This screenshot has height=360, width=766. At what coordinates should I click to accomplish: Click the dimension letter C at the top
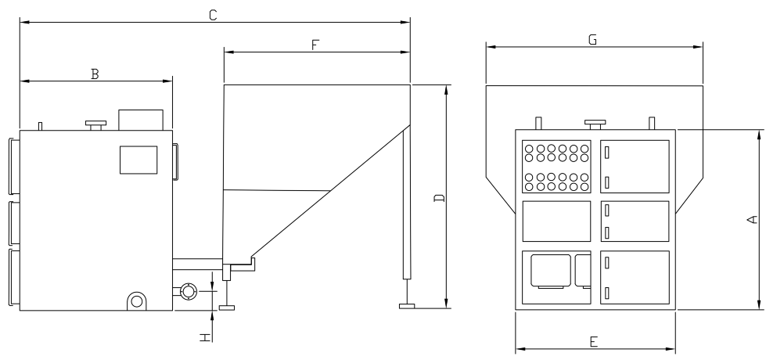coord(213,14)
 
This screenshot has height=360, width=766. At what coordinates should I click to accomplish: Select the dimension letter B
coord(95,74)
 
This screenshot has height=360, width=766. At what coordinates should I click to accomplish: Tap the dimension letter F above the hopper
coord(315,45)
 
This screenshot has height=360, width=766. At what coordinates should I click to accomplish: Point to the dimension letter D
coord(439,197)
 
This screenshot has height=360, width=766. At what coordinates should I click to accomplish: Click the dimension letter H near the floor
coord(205,337)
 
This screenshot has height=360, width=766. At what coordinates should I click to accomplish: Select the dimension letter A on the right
coord(752,219)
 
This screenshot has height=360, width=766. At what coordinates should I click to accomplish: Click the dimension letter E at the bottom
coord(594,341)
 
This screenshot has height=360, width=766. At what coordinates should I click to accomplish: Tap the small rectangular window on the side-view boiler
coord(133,160)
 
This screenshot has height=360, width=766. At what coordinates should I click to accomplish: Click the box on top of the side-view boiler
coord(140,120)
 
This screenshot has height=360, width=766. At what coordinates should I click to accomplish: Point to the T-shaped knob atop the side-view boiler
coord(95,124)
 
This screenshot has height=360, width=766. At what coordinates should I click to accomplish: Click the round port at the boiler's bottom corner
coord(137,301)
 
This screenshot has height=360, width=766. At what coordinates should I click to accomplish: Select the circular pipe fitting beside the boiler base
coord(188,291)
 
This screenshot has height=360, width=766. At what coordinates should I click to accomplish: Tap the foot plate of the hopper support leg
coord(407,306)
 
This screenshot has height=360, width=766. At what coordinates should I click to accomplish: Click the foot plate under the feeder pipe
coord(227,306)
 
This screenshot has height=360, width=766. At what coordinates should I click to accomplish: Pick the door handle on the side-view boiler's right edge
coord(175,162)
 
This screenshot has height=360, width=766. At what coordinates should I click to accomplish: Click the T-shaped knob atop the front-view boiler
coord(595,123)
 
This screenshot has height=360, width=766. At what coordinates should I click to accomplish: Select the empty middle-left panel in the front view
coord(556,221)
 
